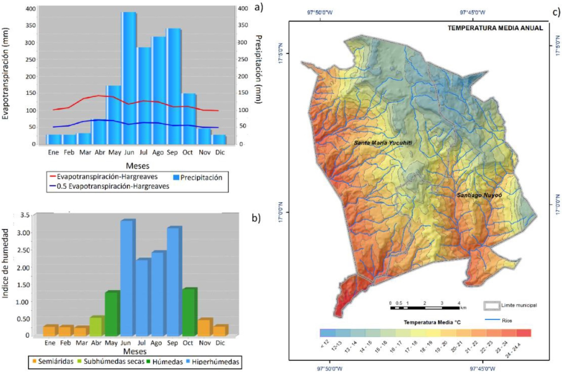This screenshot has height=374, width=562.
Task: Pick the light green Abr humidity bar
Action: tap(96, 326)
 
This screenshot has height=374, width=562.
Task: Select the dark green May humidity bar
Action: tap(112, 313)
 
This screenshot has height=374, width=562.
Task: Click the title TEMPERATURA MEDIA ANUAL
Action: tap(495, 28)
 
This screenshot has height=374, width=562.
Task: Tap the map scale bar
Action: tap(425, 307)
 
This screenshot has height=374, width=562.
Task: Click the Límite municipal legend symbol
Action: tap(492, 305)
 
